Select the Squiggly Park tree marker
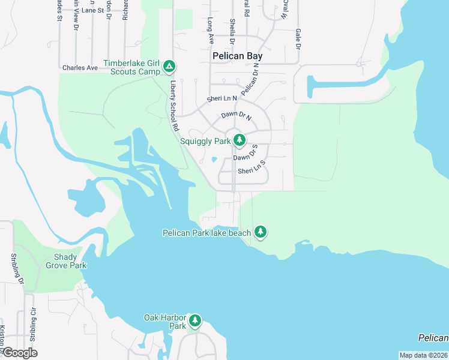pyautogui.click(x=240, y=140)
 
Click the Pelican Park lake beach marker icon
pyautogui.click(x=260, y=231)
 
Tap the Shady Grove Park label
pyautogui.click(x=66, y=261)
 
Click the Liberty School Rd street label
pyautogui.click(x=175, y=106)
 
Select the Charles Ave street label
pyautogui.click(x=80, y=68)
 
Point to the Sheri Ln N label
pyautogui.click(x=221, y=98)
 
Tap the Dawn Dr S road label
pyautogui.click(x=245, y=154)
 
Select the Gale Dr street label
pyautogui.click(x=297, y=40)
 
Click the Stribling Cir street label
pyautogui.click(x=32, y=327)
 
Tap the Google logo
pyautogui.click(x=19, y=353)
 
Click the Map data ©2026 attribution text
pyautogui.click(x=424, y=355)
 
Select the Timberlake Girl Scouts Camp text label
pyautogui.click(x=132, y=67)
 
